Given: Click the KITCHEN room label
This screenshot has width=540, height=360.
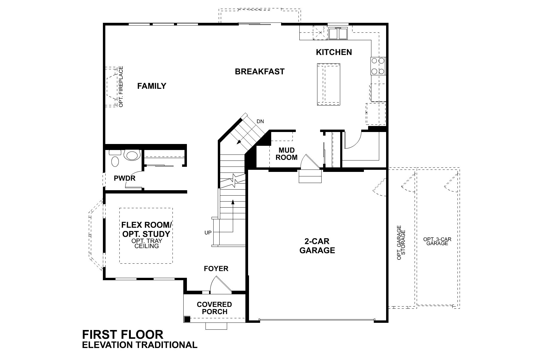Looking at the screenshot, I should point(334,52).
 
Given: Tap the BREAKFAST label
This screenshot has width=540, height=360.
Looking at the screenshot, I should point(259,72).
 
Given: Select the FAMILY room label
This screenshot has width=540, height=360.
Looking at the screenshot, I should point(151,86).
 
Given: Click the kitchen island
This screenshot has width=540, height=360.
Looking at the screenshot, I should point(328,84).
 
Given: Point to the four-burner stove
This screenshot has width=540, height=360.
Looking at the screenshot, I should point(378,66).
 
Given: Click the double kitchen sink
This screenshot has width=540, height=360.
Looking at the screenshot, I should point(338,33).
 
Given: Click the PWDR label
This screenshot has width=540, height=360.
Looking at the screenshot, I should point(124,178).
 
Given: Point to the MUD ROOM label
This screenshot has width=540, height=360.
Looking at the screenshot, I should point(286,154).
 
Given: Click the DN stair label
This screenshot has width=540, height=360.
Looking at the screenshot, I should point(260,121).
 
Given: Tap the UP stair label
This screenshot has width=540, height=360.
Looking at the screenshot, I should point(208,232).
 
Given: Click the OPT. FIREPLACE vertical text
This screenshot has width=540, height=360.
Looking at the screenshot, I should point(121,87).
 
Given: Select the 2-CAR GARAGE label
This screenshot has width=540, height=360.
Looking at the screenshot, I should point(317,246).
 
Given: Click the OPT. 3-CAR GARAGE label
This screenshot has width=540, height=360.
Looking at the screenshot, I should point(437,241).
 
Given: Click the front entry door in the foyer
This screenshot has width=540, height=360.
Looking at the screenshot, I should point(221,285).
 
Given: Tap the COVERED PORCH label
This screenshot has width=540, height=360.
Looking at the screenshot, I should point(214,308).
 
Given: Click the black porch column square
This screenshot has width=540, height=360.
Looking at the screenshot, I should point(187,319).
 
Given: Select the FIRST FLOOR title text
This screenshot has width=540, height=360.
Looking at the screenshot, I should point(123,334).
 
